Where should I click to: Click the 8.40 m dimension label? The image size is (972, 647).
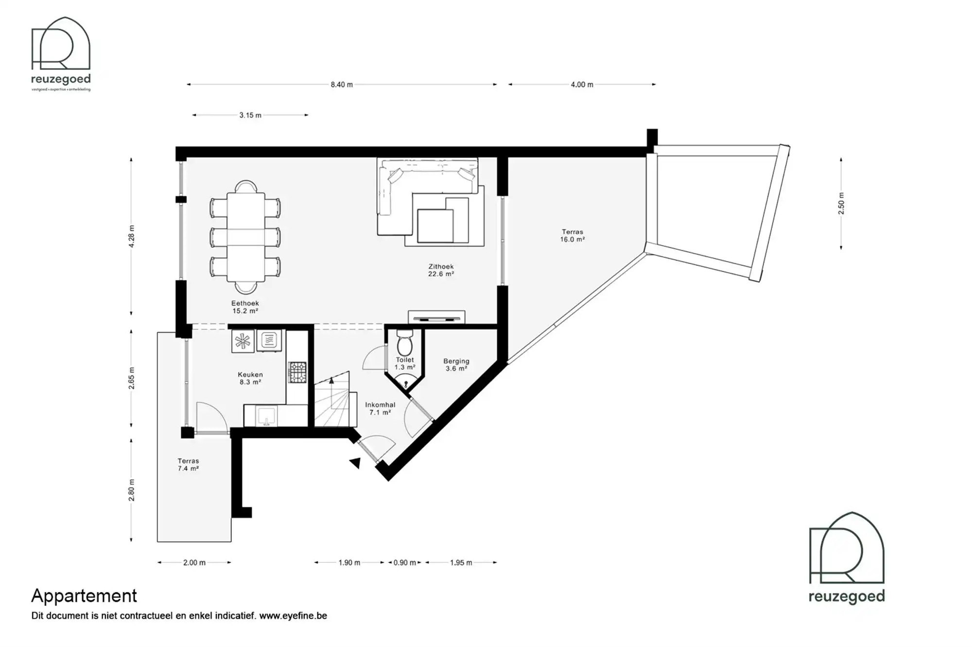click(x=342, y=85)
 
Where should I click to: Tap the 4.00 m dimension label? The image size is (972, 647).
click(x=582, y=85)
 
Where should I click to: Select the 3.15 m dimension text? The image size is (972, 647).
click(x=250, y=115)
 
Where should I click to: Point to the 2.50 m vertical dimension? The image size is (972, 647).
click(x=841, y=204)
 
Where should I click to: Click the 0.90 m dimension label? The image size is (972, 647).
click(x=405, y=562)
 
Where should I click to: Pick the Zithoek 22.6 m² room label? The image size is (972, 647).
click(x=441, y=270)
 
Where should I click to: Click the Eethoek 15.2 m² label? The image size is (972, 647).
click(x=245, y=307)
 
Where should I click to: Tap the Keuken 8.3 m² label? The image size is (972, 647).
click(x=250, y=378)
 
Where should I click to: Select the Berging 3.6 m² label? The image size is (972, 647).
click(x=456, y=365)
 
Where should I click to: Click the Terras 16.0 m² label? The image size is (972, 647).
click(x=572, y=236)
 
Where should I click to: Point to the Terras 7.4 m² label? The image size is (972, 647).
click(x=188, y=465)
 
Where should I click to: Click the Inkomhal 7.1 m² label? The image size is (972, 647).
click(x=380, y=408)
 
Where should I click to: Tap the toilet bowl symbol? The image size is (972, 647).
click(x=405, y=344)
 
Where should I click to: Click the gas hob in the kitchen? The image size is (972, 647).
click(x=297, y=372)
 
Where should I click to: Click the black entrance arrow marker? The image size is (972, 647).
click(x=356, y=463)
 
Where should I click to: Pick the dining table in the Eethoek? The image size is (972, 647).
click(x=246, y=237)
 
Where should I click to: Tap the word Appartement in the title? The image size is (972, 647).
click(x=84, y=595)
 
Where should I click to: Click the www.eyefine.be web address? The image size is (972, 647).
click(x=293, y=616)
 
